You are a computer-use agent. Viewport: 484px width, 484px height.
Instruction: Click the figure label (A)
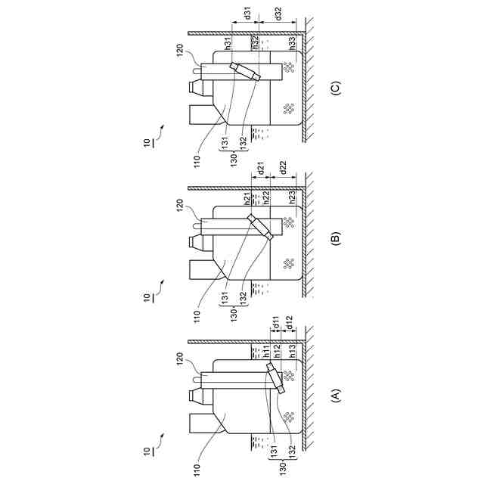click(x=337, y=394)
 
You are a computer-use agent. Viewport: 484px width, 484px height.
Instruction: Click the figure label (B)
click(x=337, y=240)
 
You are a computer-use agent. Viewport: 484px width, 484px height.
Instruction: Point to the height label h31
click(x=228, y=43)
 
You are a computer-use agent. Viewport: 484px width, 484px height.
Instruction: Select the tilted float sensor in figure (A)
click(x=274, y=378)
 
